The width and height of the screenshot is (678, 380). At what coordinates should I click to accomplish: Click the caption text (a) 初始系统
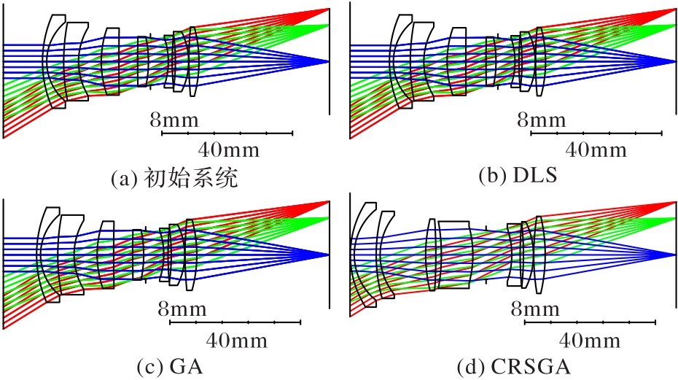[174, 177]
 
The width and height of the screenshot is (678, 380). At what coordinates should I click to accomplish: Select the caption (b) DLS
[518, 176]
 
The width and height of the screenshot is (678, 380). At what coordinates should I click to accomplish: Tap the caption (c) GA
[169, 368]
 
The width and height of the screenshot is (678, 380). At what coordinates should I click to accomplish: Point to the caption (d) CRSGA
[514, 368]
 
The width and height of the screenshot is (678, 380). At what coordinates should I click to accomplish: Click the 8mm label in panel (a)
[174, 120]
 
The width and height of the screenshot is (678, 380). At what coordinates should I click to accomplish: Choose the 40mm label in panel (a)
[229, 150]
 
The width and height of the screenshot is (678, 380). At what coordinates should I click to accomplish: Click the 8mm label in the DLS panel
[542, 120]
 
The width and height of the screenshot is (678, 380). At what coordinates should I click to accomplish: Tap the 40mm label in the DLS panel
[596, 150]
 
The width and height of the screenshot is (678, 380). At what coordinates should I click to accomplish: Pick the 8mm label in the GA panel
[182, 309]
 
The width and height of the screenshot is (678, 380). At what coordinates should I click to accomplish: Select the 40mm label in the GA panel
[236, 341]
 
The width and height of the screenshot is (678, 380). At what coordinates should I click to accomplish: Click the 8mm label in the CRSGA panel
[535, 309]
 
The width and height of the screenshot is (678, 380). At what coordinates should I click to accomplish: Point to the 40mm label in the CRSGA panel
[590, 341]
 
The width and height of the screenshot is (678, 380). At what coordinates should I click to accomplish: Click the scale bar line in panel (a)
[227, 133]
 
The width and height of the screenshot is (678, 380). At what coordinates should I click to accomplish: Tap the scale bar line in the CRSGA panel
[591, 322]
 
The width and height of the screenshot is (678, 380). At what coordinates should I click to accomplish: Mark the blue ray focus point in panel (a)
[328, 62]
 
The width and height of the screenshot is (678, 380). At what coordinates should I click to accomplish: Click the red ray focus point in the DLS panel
[674, 9]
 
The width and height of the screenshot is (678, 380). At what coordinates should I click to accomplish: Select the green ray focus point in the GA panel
[328, 217]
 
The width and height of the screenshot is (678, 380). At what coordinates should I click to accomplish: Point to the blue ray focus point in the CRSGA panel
[674, 255]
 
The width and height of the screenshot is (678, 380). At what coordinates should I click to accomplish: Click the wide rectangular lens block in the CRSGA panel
[454, 255]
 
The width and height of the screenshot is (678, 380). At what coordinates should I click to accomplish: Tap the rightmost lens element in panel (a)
[193, 61]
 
